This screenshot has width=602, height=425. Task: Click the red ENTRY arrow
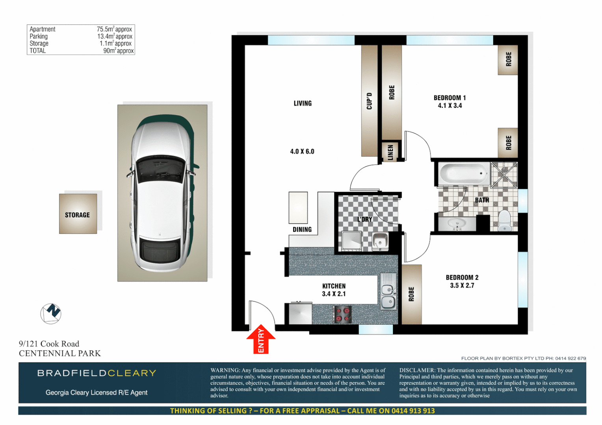point(261,339)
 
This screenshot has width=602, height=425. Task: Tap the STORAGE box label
point(77,215)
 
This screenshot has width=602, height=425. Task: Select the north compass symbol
point(51,314)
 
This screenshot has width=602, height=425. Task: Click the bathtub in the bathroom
point(463,174)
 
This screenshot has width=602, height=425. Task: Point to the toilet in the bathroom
point(504,221)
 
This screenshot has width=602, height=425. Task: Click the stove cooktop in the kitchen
point(342,314)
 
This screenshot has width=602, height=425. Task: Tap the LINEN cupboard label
point(390,152)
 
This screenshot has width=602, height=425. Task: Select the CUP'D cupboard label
point(369,101)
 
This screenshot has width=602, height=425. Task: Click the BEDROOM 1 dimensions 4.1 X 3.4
point(450,105)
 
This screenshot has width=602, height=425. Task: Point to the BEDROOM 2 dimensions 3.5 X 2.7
point(462,285)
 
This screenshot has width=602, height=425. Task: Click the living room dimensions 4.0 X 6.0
point(302,152)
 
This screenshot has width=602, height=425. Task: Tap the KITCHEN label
point(334,286)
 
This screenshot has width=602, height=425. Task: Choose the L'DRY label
point(365,219)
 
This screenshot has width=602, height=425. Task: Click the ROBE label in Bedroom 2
point(411,294)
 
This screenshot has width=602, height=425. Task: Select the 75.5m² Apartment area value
point(114,29)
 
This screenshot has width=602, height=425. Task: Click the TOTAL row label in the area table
point(38,51)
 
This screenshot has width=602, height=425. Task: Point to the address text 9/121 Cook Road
point(49,344)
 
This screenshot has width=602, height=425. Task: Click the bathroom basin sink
point(457,224)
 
